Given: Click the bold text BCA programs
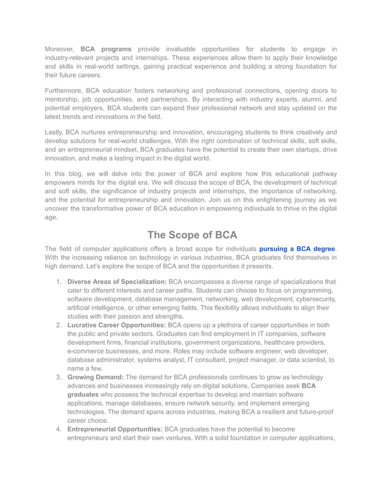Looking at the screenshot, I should (x=106, y=49).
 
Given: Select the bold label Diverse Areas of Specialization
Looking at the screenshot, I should (x=117, y=282).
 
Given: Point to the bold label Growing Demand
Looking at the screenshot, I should (x=96, y=377).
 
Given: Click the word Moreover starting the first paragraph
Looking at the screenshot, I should (x=59, y=49).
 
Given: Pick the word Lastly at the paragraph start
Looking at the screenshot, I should (x=55, y=132).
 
